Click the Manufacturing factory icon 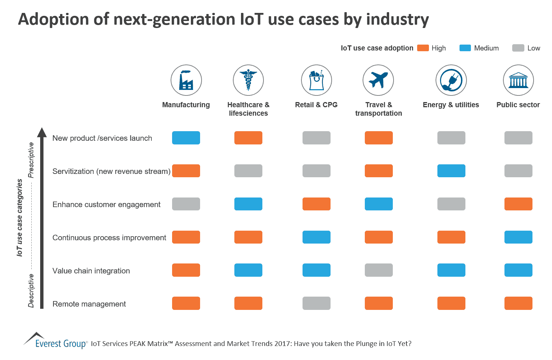tap(186, 80)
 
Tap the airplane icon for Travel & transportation tap(378, 80)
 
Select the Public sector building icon tap(518, 80)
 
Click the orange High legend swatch tap(423, 48)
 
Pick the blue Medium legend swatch tap(465, 48)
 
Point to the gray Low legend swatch tap(518, 48)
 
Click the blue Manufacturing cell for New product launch tap(186, 138)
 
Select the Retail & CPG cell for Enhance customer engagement tap(316, 204)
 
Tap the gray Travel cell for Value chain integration tap(378, 270)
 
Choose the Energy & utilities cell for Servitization tap(451, 171)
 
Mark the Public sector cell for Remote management tap(518, 303)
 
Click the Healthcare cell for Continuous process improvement tap(248, 237)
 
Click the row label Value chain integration tap(91, 271)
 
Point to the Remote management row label tap(89, 304)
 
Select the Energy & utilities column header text tap(451, 105)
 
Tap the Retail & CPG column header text tap(316, 105)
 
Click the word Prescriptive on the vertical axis tap(31, 160)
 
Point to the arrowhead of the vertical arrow tap(42, 132)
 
